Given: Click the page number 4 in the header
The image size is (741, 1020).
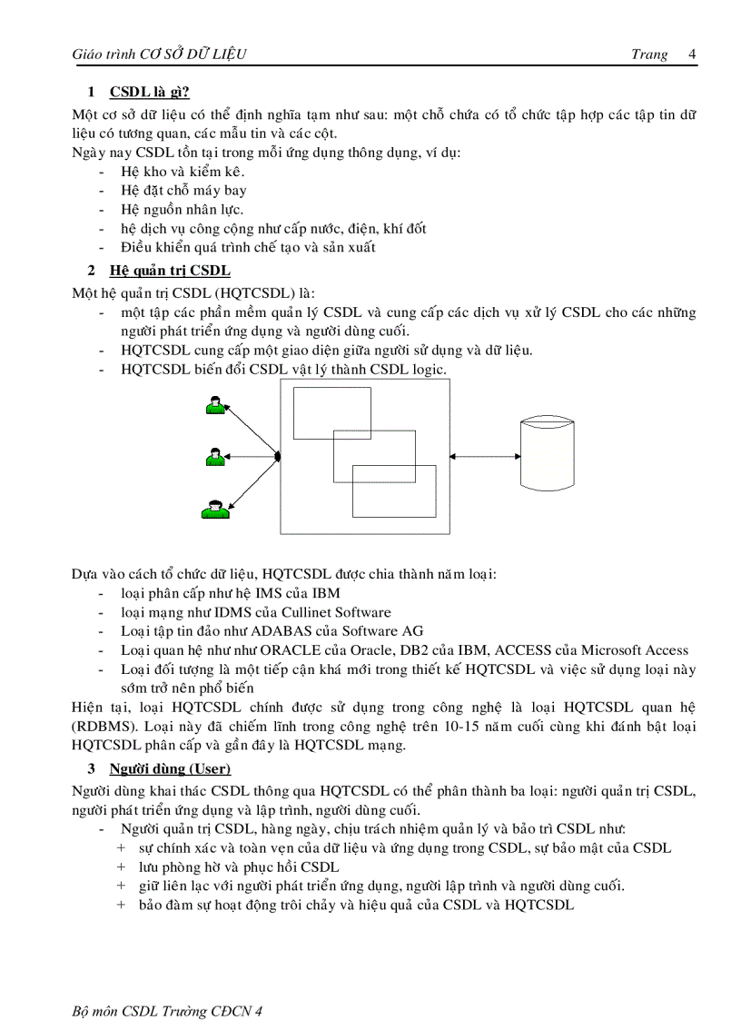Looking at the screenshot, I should click(693, 54).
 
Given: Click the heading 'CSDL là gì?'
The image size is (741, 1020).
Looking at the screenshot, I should click(149, 92).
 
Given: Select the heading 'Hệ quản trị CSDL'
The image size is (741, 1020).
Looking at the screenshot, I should click(169, 270).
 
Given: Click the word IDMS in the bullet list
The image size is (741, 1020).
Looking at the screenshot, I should click(232, 612).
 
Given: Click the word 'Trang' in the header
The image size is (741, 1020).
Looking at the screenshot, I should click(648, 54).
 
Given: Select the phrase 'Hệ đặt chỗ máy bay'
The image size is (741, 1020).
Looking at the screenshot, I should click(183, 190).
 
